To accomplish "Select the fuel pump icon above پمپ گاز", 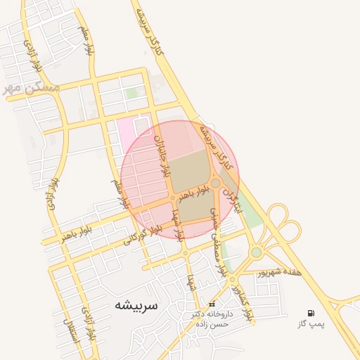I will tap(311, 313).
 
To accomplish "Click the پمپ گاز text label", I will tap(311, 324).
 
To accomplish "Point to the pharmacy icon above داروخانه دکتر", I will tap(212, 304).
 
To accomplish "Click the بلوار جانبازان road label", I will tap(162, 155).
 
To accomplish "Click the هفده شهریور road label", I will tap(279, 271).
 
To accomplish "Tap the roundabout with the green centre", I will tap(257, 252).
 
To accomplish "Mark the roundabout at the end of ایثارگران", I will tap(215, 183).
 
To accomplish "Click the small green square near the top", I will tap(131, 93).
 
